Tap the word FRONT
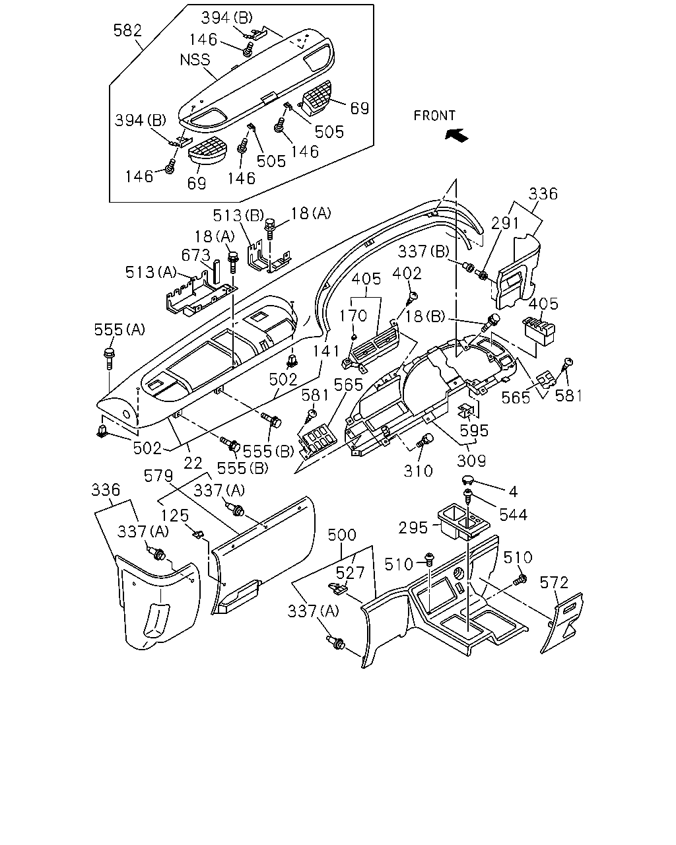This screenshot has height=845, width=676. pos(434,116)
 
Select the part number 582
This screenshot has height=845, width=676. pos(127,30)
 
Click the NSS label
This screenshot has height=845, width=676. pos(195,59)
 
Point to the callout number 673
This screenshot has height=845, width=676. pos(195,255)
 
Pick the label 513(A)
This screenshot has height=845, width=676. pos(151,272)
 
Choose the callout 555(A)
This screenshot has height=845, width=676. pos(119,329)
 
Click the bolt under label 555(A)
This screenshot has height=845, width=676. pos(109,358)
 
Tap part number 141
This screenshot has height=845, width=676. pos(326,351)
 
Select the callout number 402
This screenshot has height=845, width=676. pos(407,273)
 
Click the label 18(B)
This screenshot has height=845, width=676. pos(425,316)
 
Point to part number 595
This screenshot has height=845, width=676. pos(474,430)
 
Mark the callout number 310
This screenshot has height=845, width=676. pos(419,471)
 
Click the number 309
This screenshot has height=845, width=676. pos(471,461)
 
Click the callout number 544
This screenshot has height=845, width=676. pos(514,514)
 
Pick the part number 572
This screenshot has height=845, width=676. pos(554,582)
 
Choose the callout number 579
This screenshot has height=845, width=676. pos(158,476)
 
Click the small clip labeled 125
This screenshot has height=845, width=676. pos(199,534)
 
